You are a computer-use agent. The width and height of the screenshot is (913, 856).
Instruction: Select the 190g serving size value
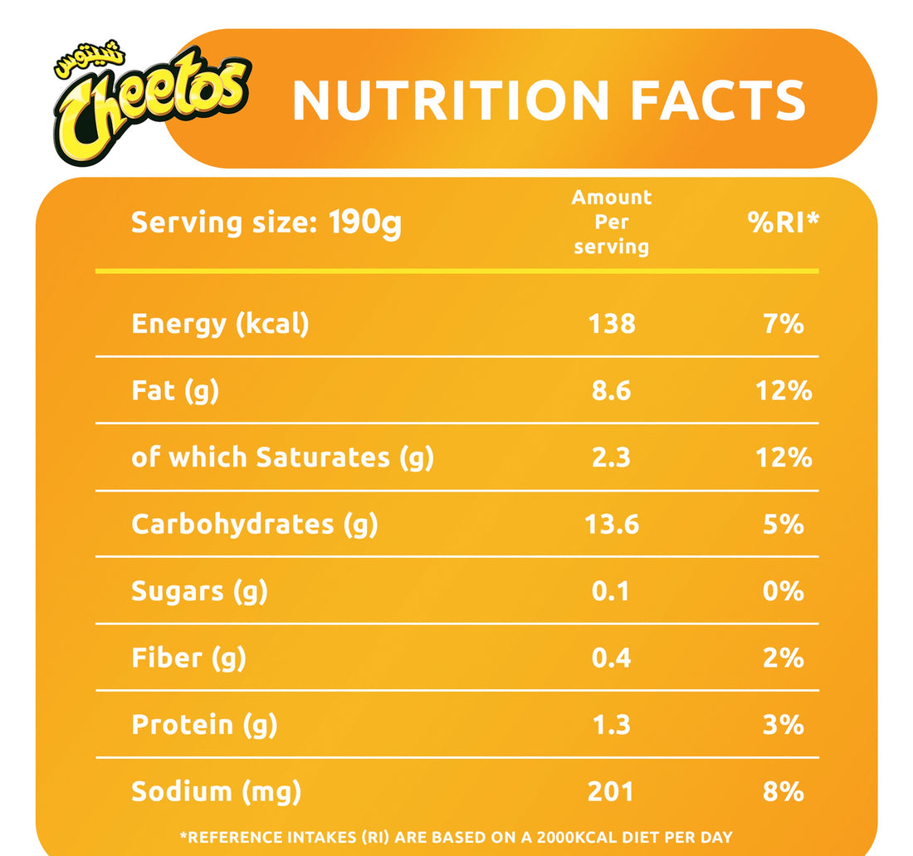[364, 223]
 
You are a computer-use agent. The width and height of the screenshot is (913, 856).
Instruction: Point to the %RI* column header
[784, 222]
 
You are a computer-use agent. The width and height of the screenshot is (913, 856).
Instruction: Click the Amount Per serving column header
[612, 222]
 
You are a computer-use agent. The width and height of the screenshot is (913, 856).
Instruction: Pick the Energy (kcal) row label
[220, 323]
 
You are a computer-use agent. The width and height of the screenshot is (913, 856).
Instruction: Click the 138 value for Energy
[612, 323]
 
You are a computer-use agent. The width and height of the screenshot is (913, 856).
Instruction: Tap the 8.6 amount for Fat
[612, 390]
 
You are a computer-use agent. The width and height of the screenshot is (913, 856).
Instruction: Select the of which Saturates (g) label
[282, 457]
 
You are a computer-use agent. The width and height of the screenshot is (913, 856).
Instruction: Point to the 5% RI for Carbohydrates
[784, 524]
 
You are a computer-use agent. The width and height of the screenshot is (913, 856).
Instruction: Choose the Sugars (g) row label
[199, 590]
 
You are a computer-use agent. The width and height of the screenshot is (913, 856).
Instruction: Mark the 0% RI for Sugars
[784, 590]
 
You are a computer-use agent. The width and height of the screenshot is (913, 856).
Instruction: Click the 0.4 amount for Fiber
[612, 658]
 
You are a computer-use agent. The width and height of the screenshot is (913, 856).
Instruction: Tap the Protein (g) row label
[204, 724]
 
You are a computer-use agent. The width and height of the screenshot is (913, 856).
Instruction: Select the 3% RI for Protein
[784, 724]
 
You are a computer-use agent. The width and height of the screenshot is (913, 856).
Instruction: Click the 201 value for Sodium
[612, 791]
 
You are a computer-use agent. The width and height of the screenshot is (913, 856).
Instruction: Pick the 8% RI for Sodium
[784, 791]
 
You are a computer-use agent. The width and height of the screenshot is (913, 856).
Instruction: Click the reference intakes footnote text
[456, 837]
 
